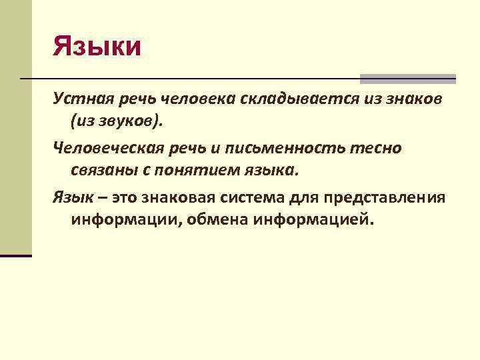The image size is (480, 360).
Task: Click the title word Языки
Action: click(x=97, y=48)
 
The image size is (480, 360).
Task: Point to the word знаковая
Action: click(x=176, y=197)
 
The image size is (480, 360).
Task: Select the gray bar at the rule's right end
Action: click(x=407, y=79)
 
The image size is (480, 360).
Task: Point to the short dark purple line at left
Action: click(x=16, y=255)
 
